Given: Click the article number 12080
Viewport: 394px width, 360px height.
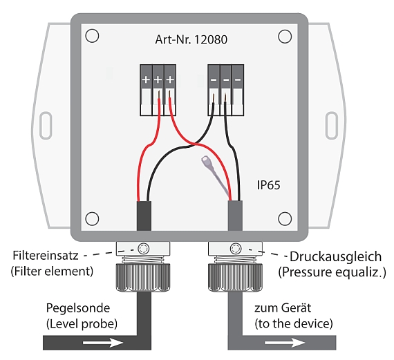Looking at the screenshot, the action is click(x=211, y=39).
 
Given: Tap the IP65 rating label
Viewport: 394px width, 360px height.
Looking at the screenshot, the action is click(x=268, y=185).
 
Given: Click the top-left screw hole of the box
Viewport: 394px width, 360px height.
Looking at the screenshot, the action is click(x=92, y=36).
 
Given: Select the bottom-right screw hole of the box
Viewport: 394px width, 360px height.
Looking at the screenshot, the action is click(x=285, y=218).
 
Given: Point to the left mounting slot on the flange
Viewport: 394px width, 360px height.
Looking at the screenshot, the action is click(x=46, y=126).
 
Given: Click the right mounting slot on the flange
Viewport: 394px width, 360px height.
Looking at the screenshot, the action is click(x=331, y=126).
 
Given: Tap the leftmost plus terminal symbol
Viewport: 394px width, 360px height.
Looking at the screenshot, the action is click(x=146, y=80).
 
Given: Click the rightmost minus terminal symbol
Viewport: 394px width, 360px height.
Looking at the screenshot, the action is click(x=238, y=80).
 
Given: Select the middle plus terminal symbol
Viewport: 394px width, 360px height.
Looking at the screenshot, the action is click(x=158, y=80).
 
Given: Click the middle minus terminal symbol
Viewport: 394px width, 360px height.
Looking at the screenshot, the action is click(x=226, y=80).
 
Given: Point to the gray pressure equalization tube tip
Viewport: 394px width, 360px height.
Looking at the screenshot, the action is click(x=206, y=160).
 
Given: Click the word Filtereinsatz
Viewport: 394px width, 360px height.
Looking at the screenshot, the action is click(x=46, y=255).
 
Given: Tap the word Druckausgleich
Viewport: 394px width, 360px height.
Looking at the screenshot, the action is click(x=335, y=256).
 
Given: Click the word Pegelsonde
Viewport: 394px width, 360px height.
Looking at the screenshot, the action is click(x=78, y=308).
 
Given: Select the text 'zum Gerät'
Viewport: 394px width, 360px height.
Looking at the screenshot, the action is click(x=283, y=308).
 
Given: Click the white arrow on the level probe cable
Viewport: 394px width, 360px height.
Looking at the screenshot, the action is click(x=103, y=343).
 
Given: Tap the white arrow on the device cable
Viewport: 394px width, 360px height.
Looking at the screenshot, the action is click(x=285, y=343).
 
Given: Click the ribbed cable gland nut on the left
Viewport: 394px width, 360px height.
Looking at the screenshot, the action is click(x=143, y=277).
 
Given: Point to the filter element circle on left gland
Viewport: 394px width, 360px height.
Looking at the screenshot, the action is click(x=144, y=249).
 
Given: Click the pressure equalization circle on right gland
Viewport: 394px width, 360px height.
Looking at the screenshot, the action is click(x=236, y=249).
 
